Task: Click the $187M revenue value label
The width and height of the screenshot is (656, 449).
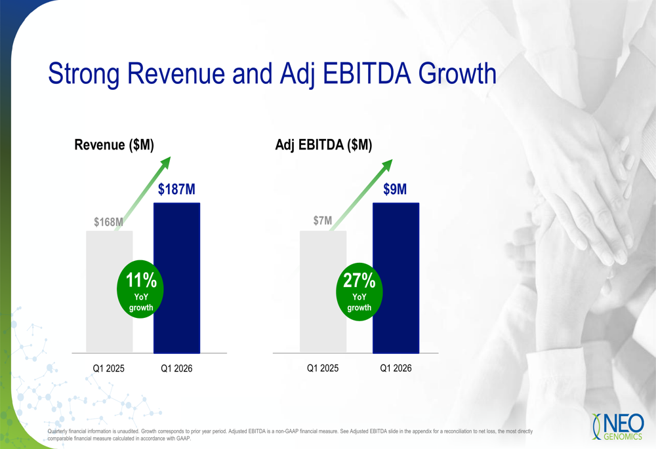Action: [x=176, y=189]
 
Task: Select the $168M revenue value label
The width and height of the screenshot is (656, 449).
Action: [x=108, y=222]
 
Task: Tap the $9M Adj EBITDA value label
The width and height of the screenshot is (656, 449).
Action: [x=395, y=189]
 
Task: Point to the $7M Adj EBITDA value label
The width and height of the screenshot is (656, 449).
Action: [x=322, y=222]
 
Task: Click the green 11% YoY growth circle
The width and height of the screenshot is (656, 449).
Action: [x=140, y=292]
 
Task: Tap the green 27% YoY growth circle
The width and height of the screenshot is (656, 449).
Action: [x=359, y=292]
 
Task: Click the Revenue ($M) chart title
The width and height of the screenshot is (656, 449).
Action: [x=114, y=146]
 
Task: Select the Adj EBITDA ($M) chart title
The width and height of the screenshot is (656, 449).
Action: [x=323, y=146]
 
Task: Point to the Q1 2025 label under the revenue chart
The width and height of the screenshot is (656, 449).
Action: [x=108, y=369]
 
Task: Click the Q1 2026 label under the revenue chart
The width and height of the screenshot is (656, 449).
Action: [x=176, y=369]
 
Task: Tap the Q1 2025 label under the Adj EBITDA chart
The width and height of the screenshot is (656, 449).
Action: [x=323, y=368]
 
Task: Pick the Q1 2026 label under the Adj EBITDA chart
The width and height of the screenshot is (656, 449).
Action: [x=396, y=368]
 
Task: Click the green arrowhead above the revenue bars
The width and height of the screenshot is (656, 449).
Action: [x=165, y=163]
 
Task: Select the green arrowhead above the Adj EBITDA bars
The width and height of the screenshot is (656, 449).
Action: [x=387, y=165]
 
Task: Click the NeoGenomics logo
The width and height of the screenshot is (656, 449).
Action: [x=618, y=426]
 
